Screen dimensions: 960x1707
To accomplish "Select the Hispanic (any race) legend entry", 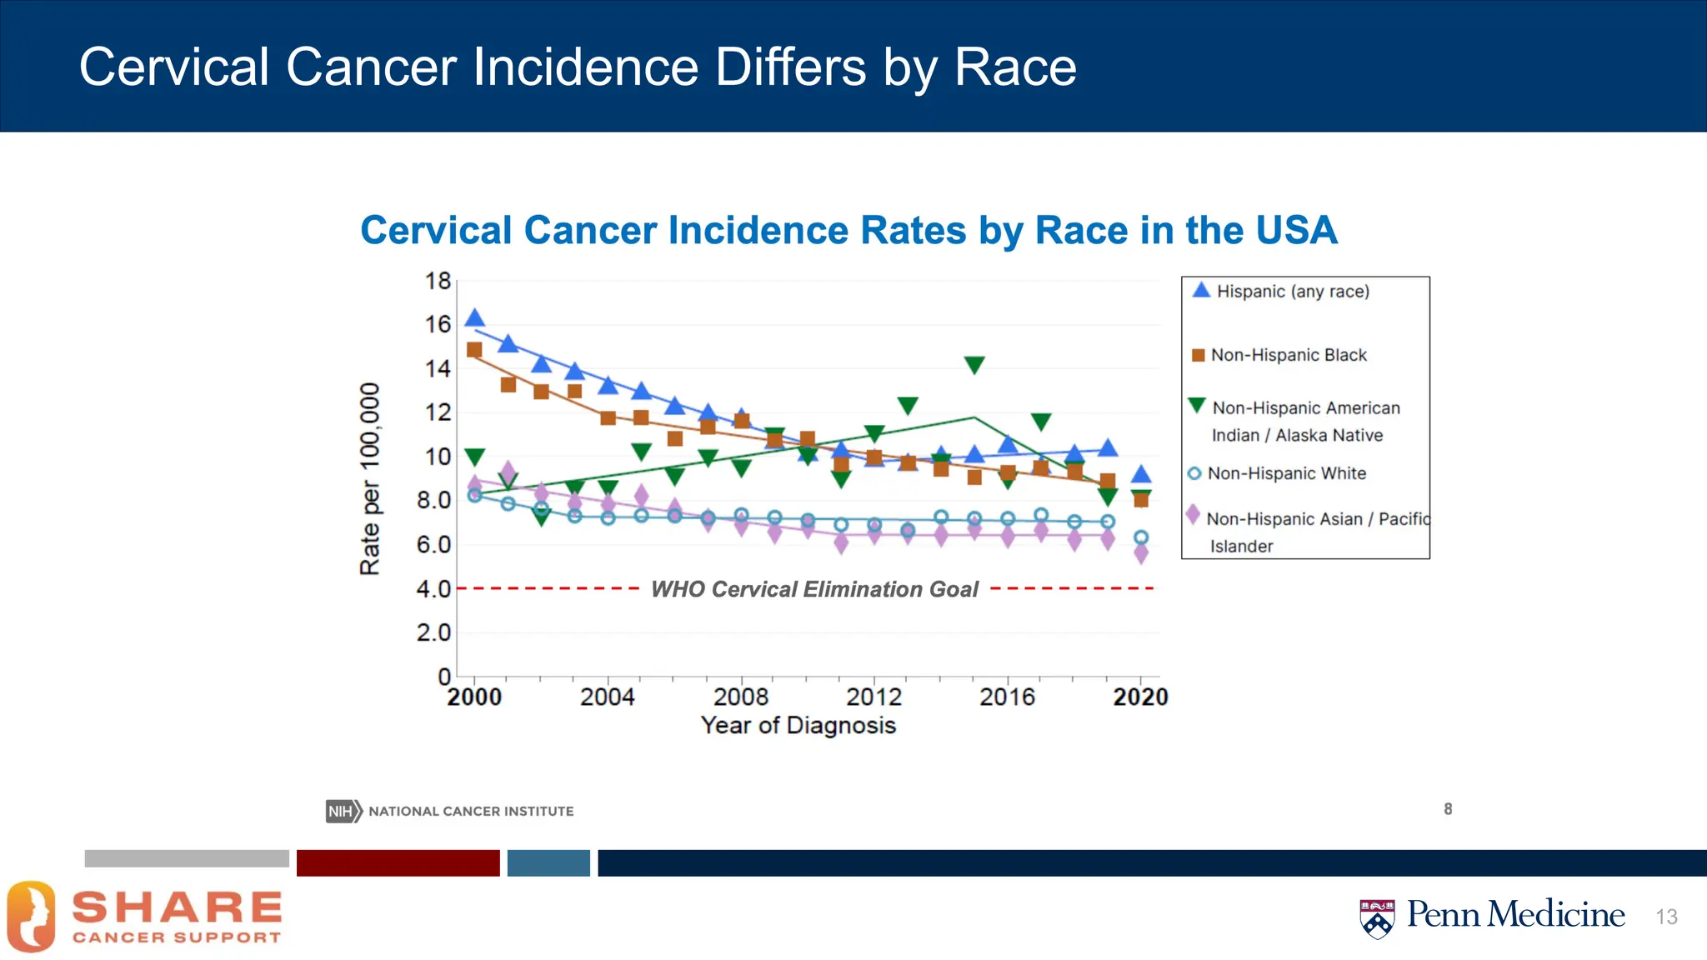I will (x=1292, y=291).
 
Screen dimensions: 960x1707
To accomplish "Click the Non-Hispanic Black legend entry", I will (x=1288, y=355).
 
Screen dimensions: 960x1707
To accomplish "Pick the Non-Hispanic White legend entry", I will (x=1286, y=473).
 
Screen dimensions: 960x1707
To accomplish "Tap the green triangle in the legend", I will (x=1197, y=406).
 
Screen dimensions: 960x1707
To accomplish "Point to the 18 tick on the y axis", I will (x=438, y=282).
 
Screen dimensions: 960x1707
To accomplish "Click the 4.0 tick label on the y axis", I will (x=433, y=589).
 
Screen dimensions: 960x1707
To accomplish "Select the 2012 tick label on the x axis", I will (x=874, y=697).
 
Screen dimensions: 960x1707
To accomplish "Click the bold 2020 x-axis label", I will (x=1140, y=697).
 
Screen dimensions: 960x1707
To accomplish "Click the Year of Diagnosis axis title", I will (x=798, y=725).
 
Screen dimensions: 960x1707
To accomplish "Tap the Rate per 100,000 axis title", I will (x=370, y=478).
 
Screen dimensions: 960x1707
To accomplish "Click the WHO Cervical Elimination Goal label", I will (x=813, y=589).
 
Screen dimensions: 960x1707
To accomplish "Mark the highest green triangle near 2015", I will (x=974, y=365).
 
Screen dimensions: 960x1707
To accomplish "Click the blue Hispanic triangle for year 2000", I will (x=474, y=318).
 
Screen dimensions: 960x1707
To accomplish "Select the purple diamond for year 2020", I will (x=1141, y=553).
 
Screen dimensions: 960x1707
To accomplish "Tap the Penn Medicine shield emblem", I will (x=1377, y=918).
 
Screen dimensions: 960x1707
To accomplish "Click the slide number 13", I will (x=1666, y=917).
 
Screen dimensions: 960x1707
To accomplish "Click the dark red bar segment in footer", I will (x=398, y=862).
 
